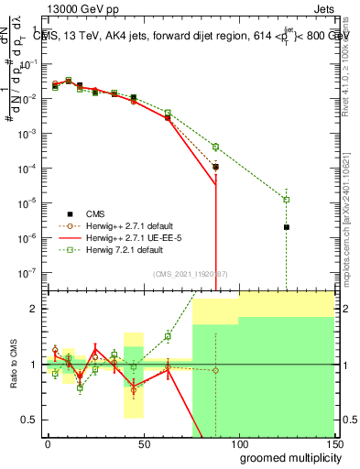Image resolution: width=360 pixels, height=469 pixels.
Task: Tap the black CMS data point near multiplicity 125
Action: click(287, 227)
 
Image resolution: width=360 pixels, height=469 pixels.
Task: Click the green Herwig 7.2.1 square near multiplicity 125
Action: click(287, 200)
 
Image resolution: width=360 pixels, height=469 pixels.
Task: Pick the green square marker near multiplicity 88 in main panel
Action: click(215, 147)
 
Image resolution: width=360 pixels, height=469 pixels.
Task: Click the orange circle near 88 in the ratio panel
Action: click(215, 370)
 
